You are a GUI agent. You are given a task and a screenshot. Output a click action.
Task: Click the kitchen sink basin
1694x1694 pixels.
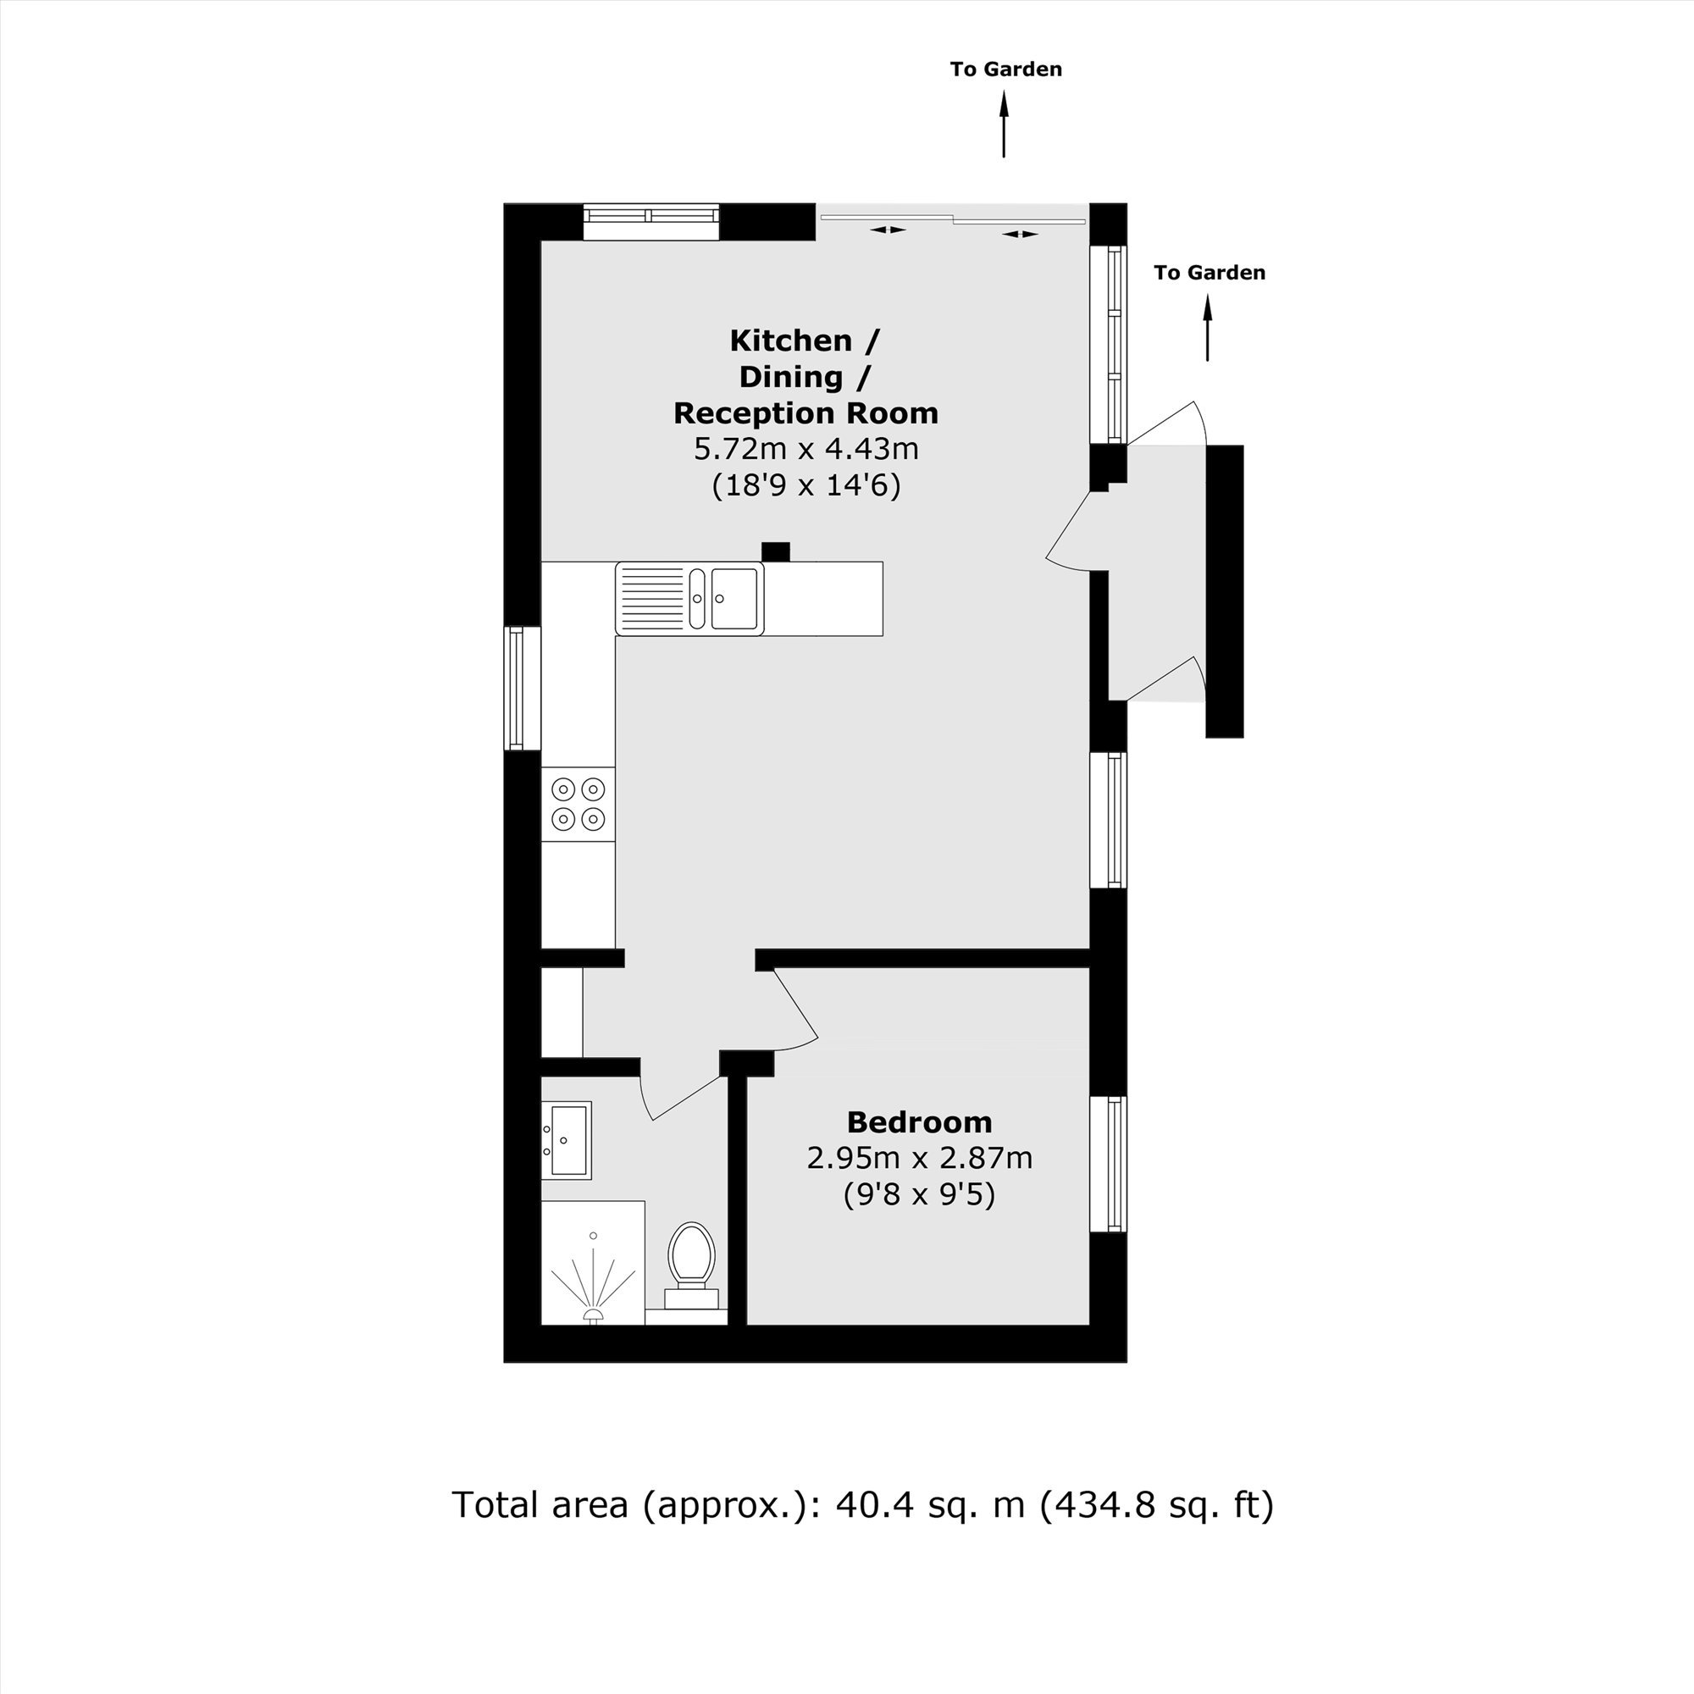734,598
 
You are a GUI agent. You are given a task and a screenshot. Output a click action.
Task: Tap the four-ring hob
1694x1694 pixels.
579,804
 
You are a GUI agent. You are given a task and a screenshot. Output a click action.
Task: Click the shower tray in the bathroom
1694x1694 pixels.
593,1263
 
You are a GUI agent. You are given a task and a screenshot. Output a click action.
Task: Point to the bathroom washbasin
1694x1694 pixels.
567,1140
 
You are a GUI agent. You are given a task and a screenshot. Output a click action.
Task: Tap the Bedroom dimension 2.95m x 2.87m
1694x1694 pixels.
919,1158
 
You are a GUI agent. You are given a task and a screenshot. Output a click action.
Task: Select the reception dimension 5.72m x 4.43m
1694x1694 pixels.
805,449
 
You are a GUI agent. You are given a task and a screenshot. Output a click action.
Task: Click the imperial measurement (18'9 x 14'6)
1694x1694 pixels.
805,484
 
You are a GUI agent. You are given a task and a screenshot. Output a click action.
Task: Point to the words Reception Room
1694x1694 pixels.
805,412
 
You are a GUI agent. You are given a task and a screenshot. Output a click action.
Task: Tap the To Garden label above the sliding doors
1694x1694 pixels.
1005,69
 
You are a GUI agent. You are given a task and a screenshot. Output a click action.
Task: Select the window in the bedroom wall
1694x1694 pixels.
1108,1165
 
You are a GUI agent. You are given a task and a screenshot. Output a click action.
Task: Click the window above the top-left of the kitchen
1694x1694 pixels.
650,222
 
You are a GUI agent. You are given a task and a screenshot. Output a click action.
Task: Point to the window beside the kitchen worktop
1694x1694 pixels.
523,689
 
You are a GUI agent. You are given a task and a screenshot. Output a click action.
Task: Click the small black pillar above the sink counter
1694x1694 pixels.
775,551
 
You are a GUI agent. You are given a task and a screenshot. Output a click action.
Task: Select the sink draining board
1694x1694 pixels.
652,598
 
